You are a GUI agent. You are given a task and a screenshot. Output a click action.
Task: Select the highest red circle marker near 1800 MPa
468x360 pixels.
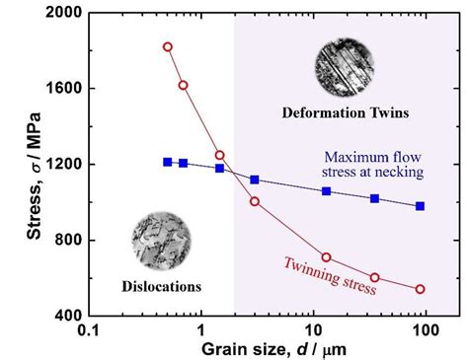click(168, 46)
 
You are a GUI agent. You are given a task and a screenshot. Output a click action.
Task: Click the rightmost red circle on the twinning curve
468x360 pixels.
click(421, 289)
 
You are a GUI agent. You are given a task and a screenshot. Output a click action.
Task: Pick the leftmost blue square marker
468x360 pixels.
click(168, 161)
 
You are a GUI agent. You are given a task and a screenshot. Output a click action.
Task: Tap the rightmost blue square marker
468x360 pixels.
click(421, 205)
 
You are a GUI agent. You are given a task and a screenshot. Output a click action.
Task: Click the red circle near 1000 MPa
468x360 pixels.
click(255, 201)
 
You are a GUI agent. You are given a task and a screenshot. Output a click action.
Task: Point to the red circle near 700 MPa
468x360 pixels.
click(327, 257)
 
